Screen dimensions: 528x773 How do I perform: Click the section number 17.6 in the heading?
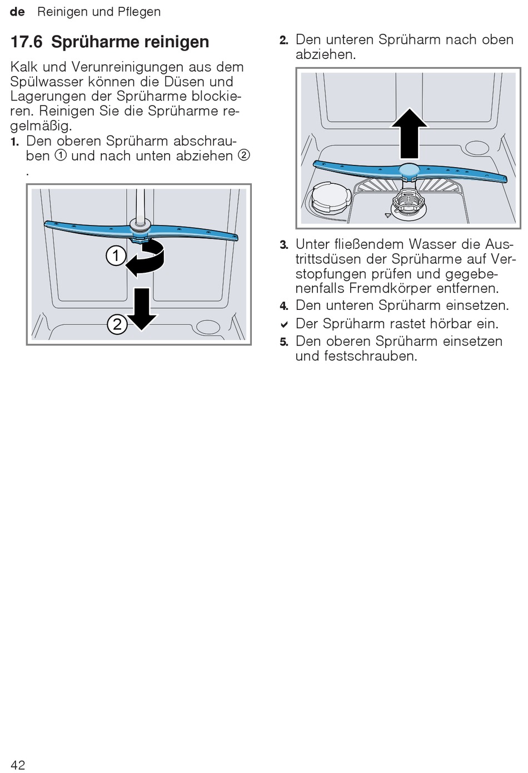pyautogui.click(x=26, y=42)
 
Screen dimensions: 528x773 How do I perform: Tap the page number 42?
pyautogui.click(x=18, y=765)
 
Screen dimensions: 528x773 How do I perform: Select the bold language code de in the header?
pyautogui.click(x=17, y=12)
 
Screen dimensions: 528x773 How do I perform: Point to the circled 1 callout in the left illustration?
pyautogui.click(x=116, y=256)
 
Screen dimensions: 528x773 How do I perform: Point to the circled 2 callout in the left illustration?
pyautogui.click(x=117, y=324)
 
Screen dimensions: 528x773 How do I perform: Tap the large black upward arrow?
pyautogui.click(x=409, y=133)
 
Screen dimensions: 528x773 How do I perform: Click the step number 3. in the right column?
pyautogui.click(x=284, y=245)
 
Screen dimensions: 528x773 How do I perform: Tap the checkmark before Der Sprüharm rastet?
pyautogui.click(x=284, y=324)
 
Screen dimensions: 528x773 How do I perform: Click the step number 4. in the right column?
pyautogui.click(x=284, y=306)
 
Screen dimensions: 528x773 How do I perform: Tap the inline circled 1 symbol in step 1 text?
pyautogui.click(x=60, y=155)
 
